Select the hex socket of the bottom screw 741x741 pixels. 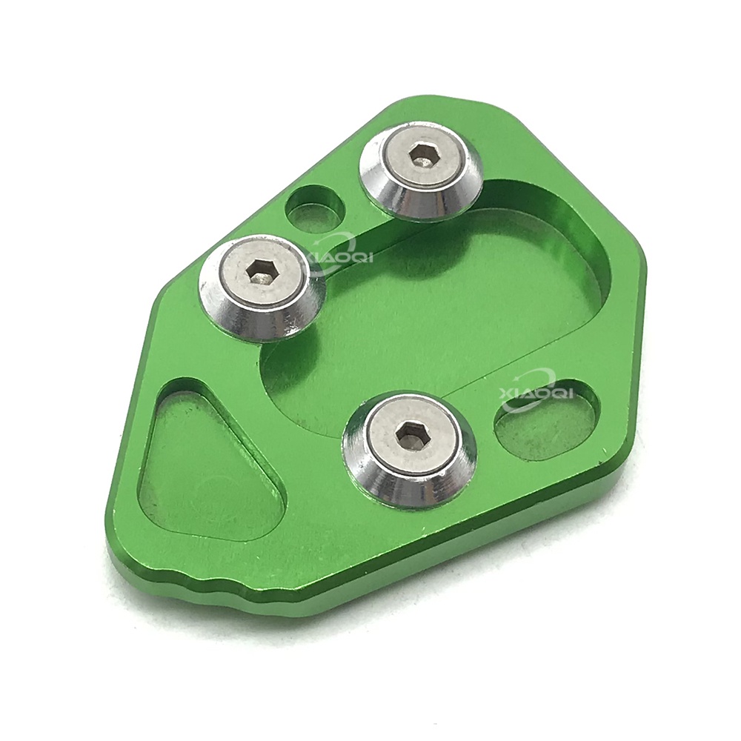click(x=406, y=432)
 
